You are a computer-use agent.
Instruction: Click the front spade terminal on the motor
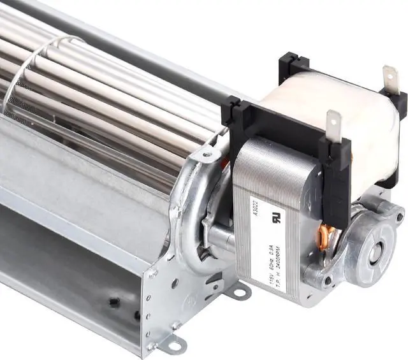tap(333, 124)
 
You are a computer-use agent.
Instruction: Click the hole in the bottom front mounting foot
tap(174, 346)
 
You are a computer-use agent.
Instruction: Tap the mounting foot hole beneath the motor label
tap(240, 294)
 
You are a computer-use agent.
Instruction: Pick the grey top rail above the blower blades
tap(127, 51)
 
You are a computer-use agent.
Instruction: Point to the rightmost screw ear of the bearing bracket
tap(399, 217)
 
